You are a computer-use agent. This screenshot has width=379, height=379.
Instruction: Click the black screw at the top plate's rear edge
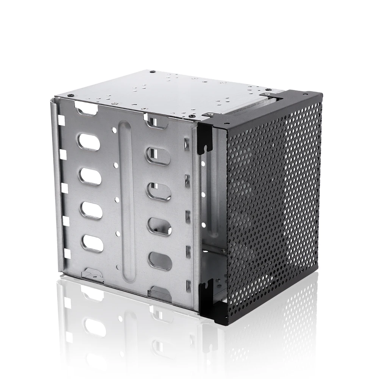152,71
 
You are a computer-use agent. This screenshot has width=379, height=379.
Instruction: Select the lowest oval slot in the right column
160,261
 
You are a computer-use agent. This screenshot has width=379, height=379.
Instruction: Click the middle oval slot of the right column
159,191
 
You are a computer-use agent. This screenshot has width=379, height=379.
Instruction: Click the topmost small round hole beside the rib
114,129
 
